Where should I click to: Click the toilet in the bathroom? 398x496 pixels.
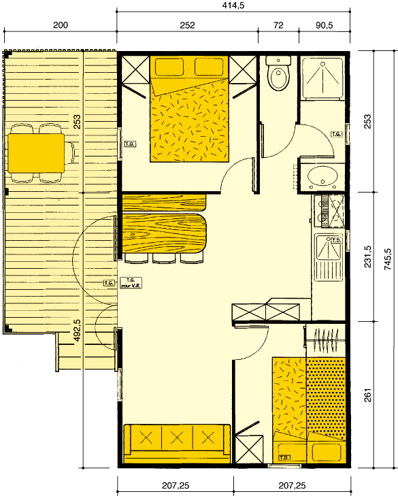click(x=279, y=76)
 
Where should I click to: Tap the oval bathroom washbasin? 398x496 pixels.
click(x=321, y=177)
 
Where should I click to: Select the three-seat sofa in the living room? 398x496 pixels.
click(x=176, y=439)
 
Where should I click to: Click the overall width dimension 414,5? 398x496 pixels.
click(x=234, y=5)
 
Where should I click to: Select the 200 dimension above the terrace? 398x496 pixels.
click(x=60, y=25)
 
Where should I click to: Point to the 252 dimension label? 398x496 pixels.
click(x=187, y=25)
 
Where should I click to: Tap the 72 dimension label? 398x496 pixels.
click(x=278, y=25)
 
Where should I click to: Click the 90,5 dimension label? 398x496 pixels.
click(x=325, y=25)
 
